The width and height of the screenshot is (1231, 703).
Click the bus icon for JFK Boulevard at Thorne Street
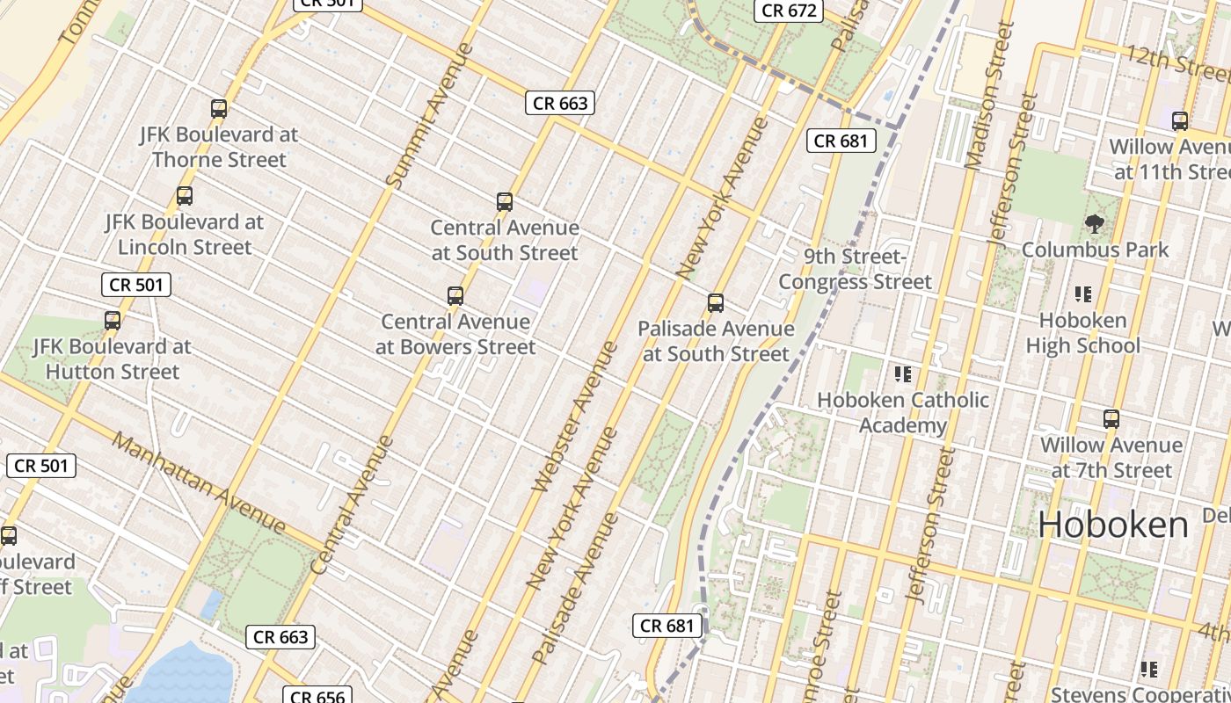point(219,109)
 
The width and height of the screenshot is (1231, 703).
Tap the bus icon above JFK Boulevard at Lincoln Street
point(185,196)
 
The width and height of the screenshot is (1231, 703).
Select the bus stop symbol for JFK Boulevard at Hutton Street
point(113,321)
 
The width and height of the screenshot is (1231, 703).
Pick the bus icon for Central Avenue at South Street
point(505,202)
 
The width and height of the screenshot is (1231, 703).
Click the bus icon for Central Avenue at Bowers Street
point(455,296)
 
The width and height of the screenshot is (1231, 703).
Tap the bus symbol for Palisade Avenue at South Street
point(716,303)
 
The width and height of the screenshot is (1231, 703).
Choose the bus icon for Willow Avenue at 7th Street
point(1111,419)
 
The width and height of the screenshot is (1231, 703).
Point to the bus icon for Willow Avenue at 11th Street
point(1180,121)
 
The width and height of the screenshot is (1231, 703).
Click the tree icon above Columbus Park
point(1095,224)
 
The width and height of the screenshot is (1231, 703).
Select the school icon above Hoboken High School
point(1083,294)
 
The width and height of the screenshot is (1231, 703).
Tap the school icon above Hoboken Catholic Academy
point(902,374)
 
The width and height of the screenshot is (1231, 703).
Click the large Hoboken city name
point(1113,525)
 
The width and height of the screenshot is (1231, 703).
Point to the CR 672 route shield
point(789,11)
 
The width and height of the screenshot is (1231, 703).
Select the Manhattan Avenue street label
point(200,483)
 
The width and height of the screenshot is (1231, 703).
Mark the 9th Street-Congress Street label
point(855,269)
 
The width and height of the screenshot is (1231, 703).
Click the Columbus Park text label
point(1095,250)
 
